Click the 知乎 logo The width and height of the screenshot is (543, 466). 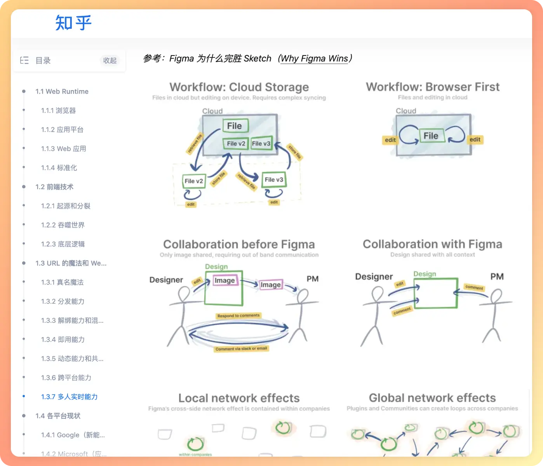(x=73, y=23)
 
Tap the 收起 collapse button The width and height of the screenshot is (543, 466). (x=110, y=61)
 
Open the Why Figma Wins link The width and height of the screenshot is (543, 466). (x=314, y=59)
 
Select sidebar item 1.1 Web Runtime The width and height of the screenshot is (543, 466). (x=62, y=92)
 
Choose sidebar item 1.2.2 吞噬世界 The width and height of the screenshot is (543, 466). (x=63, y=225)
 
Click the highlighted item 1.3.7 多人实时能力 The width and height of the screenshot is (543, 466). (x=69, y=396)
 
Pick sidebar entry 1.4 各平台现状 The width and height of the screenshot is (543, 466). (x=58, y=416)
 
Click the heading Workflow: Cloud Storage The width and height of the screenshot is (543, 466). (x=239, y=87)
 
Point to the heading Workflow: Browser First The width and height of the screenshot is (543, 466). (x=432, y=87)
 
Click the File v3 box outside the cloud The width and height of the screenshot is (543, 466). (x=274, y=180)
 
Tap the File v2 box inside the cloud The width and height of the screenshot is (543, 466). (x=236, y=144)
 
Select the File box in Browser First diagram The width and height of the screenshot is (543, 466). (x=431, y=136)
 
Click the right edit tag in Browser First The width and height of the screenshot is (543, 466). (x=475, y=139)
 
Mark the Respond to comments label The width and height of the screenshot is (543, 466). (x=238, y=316)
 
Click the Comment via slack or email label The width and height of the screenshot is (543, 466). (x=241, y=349)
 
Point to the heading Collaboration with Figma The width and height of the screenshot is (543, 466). (x=432, y=244)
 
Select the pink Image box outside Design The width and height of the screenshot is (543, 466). (x=270, y=285)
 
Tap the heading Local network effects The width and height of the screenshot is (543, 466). (x=239, y=398)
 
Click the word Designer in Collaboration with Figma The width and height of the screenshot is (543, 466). (x=374, y=276)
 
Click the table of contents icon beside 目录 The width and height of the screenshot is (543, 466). (x=24, y=60)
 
